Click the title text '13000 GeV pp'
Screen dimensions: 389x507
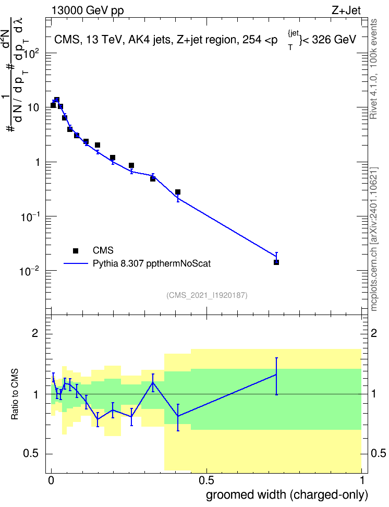[87, 10]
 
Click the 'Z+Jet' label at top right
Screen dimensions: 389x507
[346, 10]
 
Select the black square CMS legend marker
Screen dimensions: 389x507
[76, 250]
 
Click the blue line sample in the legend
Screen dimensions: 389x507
[76, 263]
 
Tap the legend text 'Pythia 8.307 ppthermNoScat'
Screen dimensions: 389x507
[152, 263]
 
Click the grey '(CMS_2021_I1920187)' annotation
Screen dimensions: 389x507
[207, 295]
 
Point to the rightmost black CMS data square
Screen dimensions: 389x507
[276, 262]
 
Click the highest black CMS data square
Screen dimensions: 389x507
[57, 100]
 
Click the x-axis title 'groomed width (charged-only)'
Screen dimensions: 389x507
[287, 494]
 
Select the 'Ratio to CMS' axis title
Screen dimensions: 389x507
[15, 394]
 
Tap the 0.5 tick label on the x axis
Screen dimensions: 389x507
[206, 480]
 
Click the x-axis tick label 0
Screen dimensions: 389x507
[51, 480]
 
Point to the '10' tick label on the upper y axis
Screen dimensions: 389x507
[33, 107]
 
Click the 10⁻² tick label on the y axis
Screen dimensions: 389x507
[30, 271]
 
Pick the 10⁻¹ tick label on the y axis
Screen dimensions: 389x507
[30, 216]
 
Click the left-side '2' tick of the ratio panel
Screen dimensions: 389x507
[35, 333]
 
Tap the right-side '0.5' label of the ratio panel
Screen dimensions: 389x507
[378, 453]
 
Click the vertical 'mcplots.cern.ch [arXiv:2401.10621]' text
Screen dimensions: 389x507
[374, 239]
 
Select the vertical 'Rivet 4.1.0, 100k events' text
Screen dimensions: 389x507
[374, 69]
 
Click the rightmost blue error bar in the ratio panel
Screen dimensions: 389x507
[276, 377]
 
